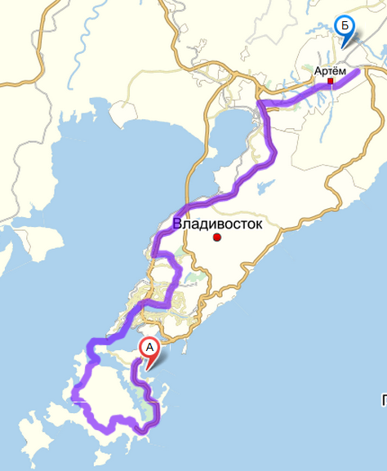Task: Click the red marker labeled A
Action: (x=149, y=348)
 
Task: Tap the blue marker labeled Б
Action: (x=345, y=28)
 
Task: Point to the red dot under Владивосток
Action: (x=217, y=238)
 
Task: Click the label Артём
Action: (x=331, y=71)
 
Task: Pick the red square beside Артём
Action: (x=331, y=82)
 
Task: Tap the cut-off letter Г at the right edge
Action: (x=383, y=399)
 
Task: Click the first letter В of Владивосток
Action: (x=177, y=223)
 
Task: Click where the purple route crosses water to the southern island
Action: (x=98, y=343)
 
